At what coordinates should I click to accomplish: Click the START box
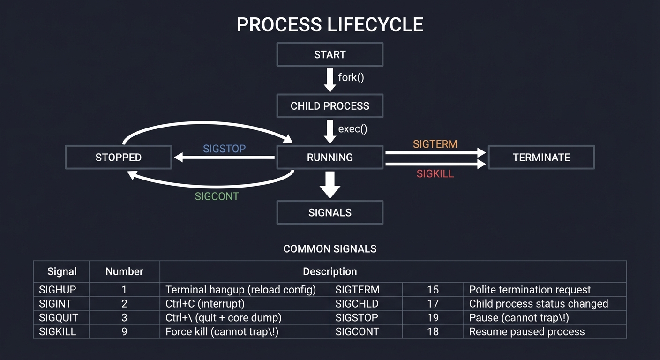tap(330, 54)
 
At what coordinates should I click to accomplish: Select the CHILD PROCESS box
tap(330, 106)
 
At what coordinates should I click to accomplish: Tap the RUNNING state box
tap(330, 157)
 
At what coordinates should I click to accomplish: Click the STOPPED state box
tap(118, 157)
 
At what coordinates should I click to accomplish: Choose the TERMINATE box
tap(541, 157)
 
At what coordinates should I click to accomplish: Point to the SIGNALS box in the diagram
tap(330, 213)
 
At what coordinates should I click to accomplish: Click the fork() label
tap(351, 77)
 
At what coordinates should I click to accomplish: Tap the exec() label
tap(352, 129)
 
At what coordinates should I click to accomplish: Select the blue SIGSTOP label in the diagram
tap(224, 149)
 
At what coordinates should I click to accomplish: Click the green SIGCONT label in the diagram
tap(217, 196)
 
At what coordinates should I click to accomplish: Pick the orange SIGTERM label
tap(435, 144)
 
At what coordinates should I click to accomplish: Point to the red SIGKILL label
tap(435, 174)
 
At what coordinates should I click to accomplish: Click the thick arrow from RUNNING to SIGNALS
tap(330, 185)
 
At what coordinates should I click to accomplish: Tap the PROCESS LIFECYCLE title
tap(330, 24)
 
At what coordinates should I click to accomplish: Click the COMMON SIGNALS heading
tap(330, 249)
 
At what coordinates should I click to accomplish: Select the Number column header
tap(124, 272)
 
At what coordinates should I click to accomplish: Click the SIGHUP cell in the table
tap(57, 290)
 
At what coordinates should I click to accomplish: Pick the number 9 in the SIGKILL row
tap(124, 332)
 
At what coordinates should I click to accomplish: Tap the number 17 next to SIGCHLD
tap(433, 304)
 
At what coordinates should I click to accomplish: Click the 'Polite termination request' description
tap(530, 290)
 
